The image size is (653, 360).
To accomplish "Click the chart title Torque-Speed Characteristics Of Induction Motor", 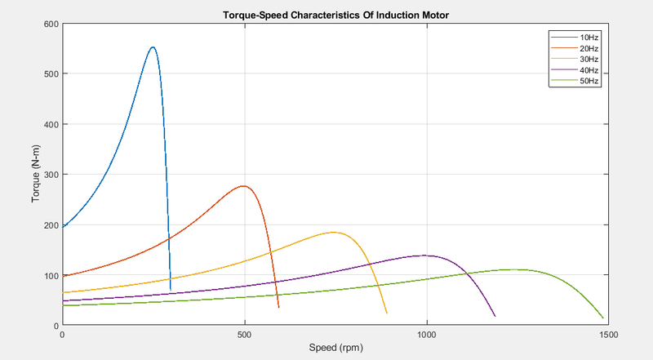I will (x=335, y=16).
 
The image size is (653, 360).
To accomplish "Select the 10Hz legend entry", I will (x=589, y=38).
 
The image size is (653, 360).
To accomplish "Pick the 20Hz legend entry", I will (x=589, y=48).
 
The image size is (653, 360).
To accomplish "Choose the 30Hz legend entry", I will (x=589, y=59).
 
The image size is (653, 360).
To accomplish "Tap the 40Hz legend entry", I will (x=589, y=70).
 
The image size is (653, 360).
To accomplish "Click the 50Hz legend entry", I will (x=589, y=81).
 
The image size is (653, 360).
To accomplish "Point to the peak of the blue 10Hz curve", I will (x=153, y=47).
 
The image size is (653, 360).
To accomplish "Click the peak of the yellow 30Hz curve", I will (x=334, y=233).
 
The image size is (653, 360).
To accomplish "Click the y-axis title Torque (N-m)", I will (x=36, y=175).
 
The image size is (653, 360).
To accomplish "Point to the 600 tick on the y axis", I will (x=51, y=24).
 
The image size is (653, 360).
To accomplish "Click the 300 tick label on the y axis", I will (x=51, y=175).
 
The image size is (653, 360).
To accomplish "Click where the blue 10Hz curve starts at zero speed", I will (x=63, y=226).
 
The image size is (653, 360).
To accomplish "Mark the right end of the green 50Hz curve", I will (x=603, y=318).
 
